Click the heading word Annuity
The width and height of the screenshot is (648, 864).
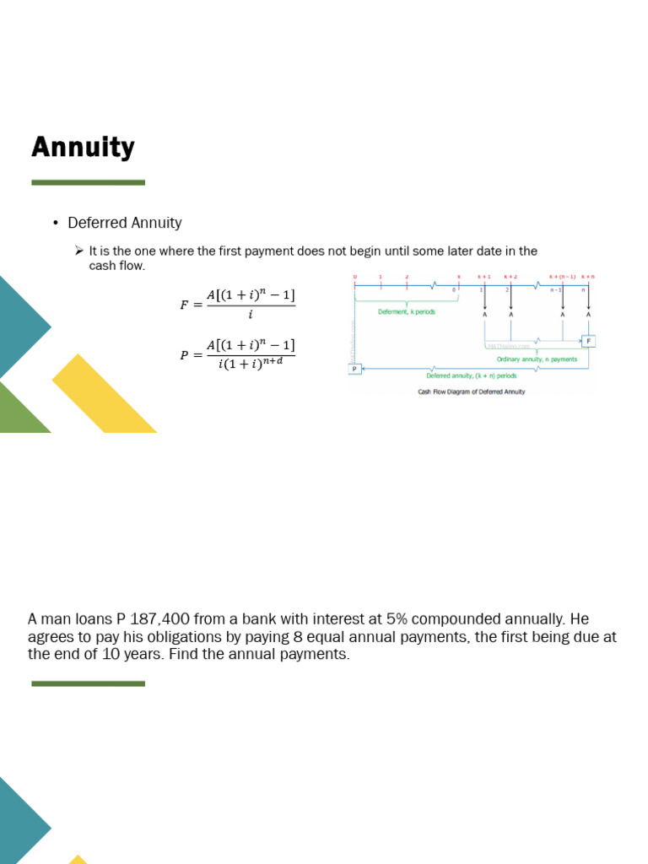(x=83, y=148)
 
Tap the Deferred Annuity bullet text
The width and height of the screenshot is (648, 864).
(x=125, y=223)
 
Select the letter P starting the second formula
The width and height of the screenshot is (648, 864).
(x=184, y=355)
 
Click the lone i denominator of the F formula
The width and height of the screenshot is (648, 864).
(x=251, y=315)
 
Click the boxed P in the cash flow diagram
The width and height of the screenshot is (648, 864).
(x=354, y=368)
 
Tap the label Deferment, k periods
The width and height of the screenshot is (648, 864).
(x=407, y=312)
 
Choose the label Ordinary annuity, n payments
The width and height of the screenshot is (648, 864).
(x=537, y=359)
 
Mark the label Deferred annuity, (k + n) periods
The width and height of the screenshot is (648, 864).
(x=471, y=375)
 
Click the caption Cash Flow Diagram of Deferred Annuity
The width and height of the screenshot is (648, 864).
(x=471, y=391)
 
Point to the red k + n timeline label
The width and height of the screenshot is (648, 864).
(x=587, y=277)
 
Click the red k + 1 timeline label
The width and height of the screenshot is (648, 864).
(x=484, y=277)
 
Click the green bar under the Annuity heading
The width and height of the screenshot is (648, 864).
(x=88, y=182)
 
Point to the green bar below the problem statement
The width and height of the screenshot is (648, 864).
(x=88, y=683)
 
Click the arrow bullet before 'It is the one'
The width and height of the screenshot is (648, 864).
(x=78, y=251)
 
